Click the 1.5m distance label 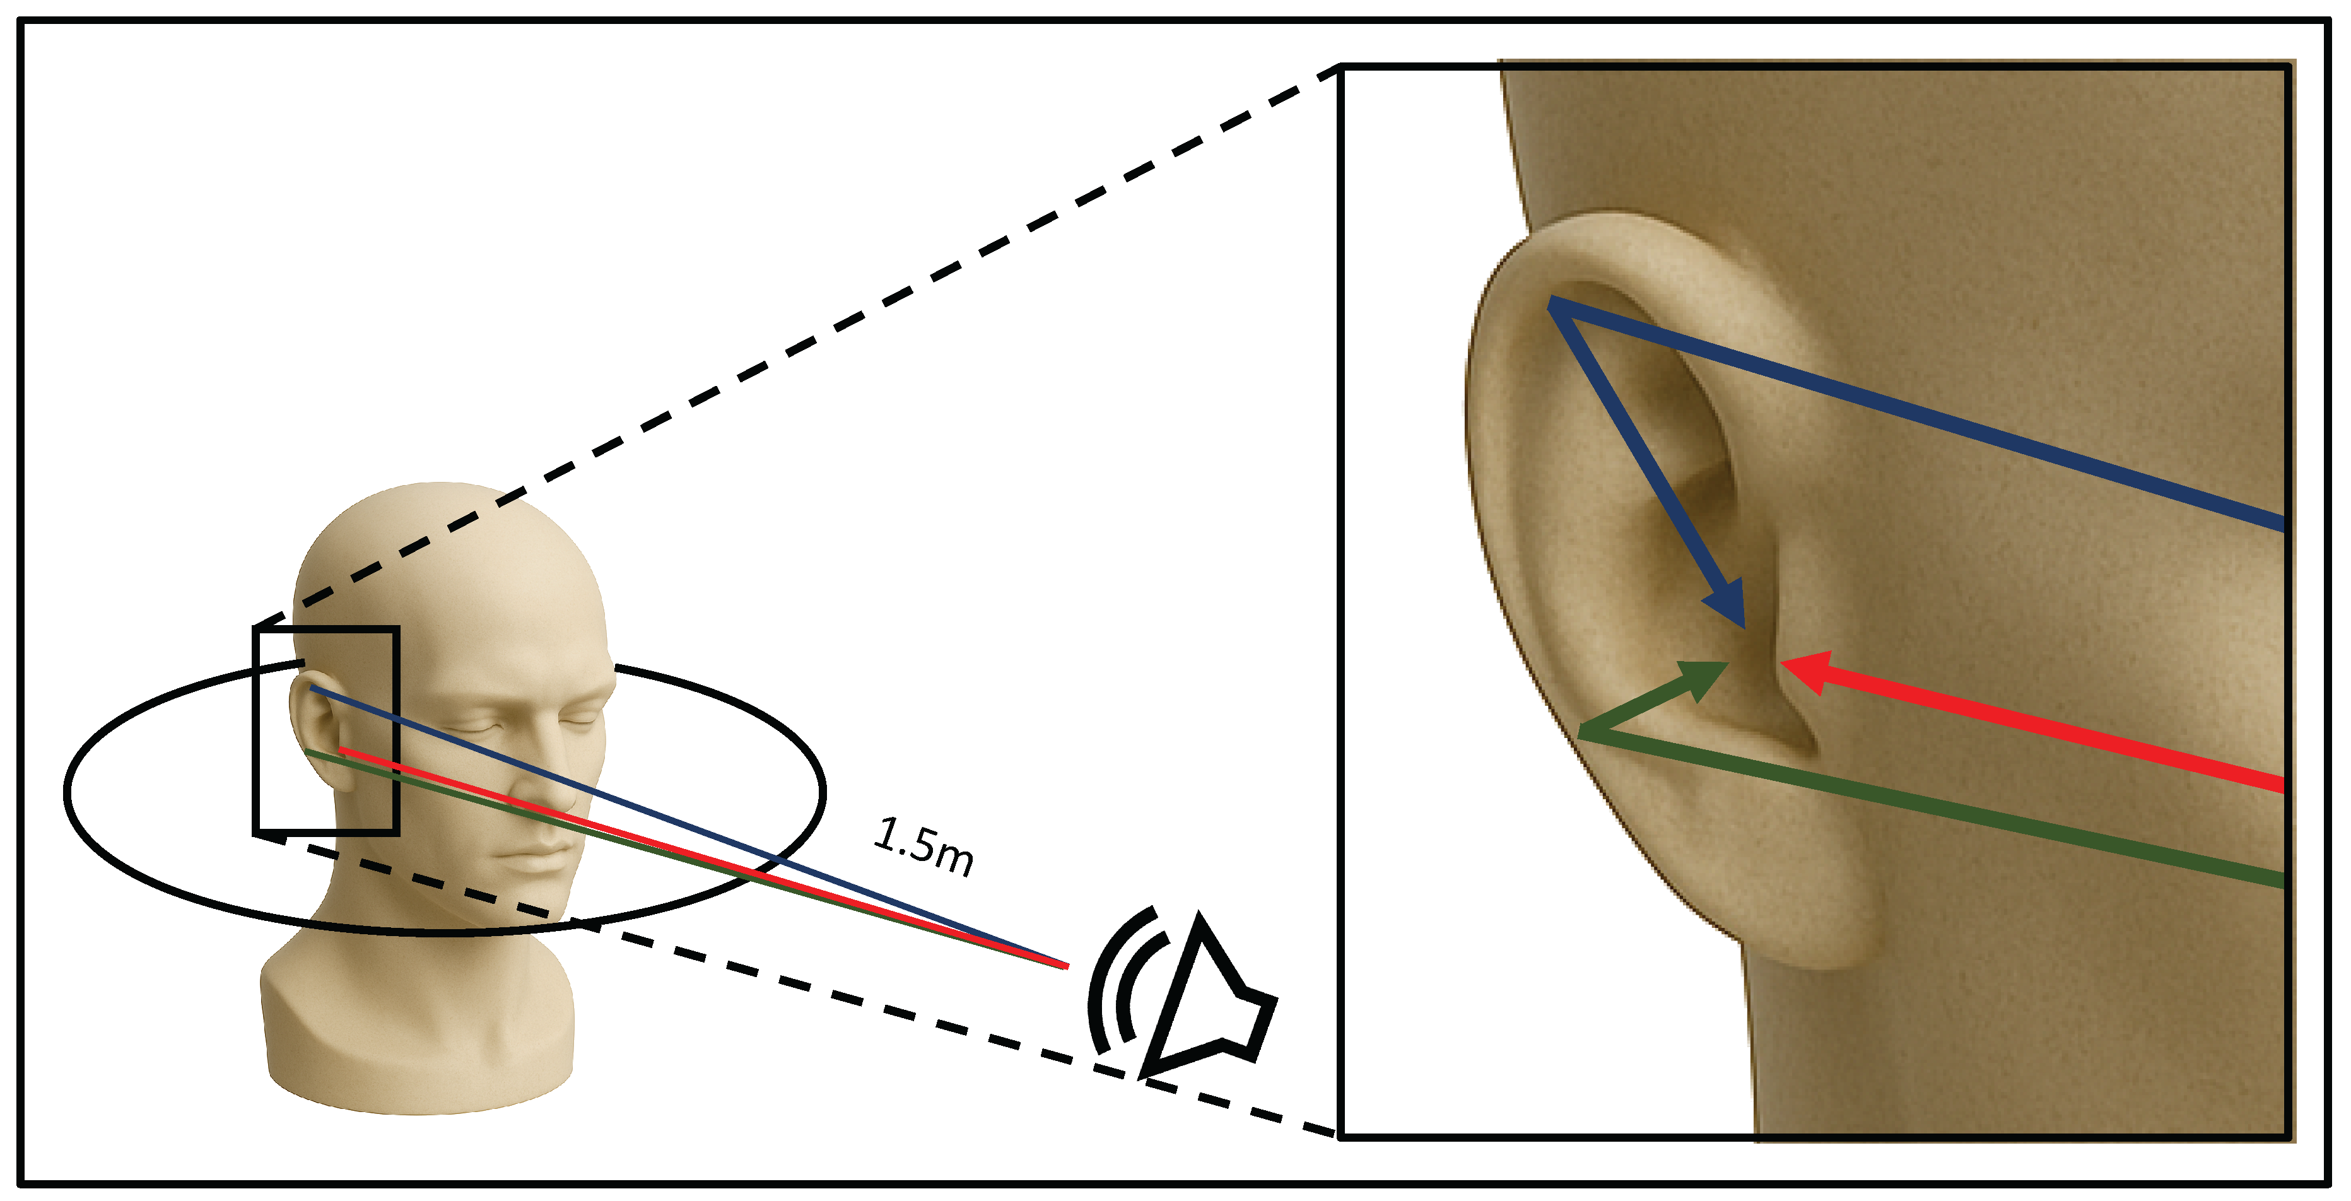pyautogui.click(x=923, y=846)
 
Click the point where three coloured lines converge pyautogui.click(x=1066, y=964)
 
